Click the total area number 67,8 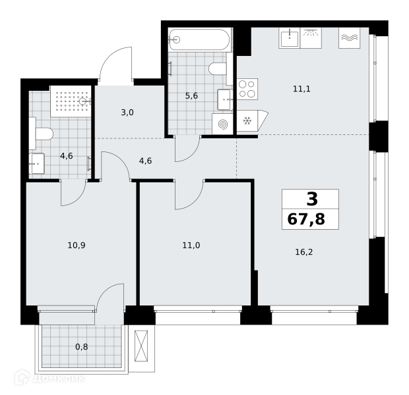(306, 219)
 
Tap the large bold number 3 (312, 199)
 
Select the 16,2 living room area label (304, 252)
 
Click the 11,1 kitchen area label (301, 89)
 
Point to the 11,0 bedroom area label (191, 246)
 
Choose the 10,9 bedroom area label (77, 246)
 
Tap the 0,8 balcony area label (81, 347)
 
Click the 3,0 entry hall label (127, 113)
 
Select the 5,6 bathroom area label (191, 96)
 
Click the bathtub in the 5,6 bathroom (199, 39)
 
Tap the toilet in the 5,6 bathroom (217, 69)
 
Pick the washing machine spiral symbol (222, 124)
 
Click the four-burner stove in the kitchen (247, 89)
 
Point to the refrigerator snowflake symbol (247, 120)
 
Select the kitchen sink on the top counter (290, 38)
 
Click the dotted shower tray (71, 101)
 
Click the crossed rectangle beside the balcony (141, 346)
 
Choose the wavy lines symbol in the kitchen (349, 38)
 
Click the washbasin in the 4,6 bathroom (36, 163)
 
